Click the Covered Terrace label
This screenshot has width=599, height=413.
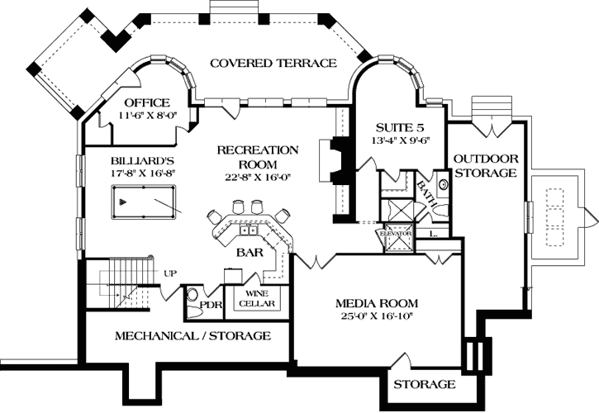click(272, 63)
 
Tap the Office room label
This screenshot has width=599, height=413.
click(147, 102)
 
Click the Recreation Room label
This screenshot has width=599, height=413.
click(257, 157)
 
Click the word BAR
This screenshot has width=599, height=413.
click(250, 253)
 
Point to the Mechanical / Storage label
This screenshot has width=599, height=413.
click(192, 336)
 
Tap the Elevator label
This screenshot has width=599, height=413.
click(395, 234)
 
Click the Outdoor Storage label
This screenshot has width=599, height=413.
click(486, 165)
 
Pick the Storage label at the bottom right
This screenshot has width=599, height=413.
click(424, 385)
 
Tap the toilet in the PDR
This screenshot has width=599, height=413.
click(192, 297)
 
